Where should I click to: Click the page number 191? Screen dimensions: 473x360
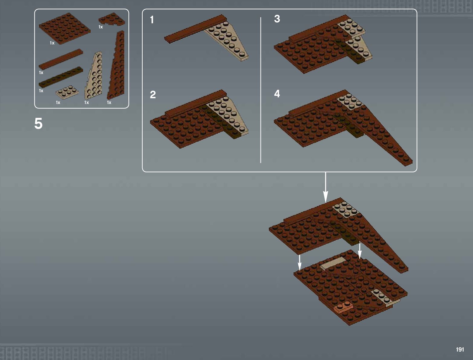pos(460,349)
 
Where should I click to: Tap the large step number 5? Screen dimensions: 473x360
pos(38,123)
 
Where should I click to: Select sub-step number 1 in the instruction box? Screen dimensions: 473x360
pos(152,20)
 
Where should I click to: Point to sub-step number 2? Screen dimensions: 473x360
pos(153,95)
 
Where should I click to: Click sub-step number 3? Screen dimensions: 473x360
pos(277,19)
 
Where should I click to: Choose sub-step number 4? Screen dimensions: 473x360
pos(277,94)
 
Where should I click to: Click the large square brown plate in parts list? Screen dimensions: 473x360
pos(65,29)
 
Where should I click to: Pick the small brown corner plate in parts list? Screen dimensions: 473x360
pos(112,19)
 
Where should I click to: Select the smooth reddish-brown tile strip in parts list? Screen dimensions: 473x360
pos(61,59)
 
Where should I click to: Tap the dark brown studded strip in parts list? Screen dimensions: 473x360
pos(61,77)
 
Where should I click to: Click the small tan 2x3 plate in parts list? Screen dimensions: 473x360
pos(67,92)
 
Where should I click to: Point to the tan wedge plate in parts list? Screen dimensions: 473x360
pos(93,75)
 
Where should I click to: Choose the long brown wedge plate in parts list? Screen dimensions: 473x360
pos(116,65)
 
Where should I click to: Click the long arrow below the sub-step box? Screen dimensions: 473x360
pos(326,187)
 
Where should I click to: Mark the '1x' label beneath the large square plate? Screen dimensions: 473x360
pos(52,43)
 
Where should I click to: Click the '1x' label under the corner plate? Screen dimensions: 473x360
pos(101,27)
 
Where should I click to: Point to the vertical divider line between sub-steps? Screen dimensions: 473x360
pos(261,90)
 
